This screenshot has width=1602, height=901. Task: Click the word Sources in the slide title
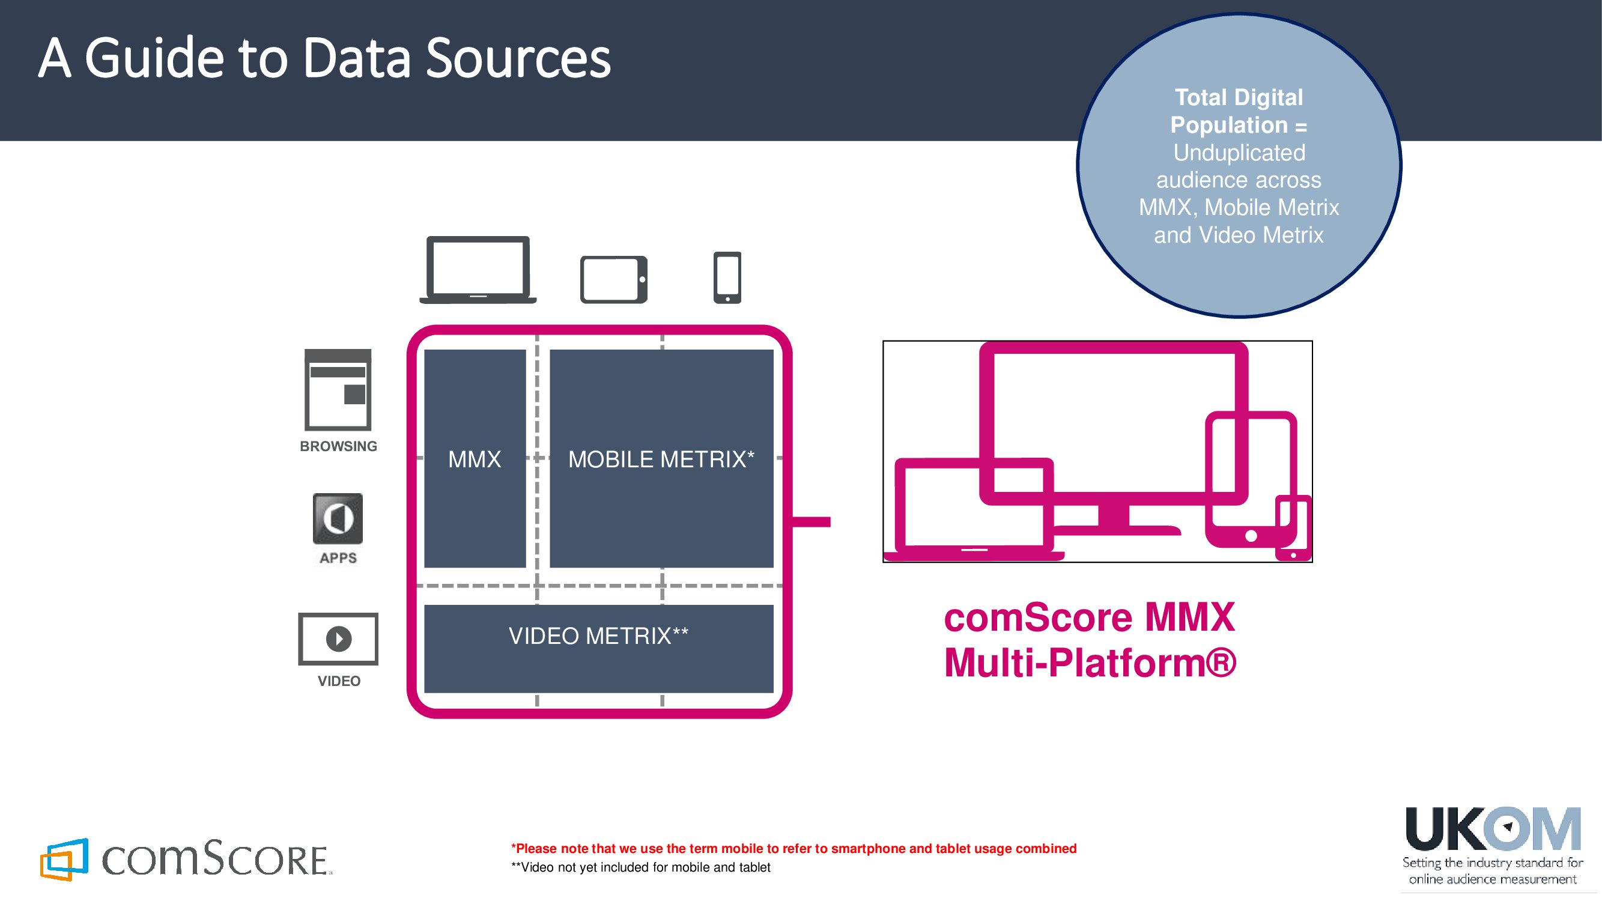518,58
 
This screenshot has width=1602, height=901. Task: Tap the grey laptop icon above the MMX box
478,270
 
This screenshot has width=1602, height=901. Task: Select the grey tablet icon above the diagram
614,279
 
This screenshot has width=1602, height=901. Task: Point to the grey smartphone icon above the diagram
727,278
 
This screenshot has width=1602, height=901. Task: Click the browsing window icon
338,390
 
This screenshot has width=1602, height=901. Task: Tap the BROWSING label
338,446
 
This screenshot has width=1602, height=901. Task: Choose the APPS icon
338,518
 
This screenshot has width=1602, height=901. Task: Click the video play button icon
338,639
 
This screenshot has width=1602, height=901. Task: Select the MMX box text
475,460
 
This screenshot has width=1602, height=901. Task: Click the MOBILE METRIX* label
661,460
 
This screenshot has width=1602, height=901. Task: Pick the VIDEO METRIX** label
598,636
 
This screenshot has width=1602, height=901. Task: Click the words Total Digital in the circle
1238,98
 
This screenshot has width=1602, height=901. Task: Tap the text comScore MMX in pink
1089,617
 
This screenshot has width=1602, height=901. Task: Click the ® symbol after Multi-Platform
1221,663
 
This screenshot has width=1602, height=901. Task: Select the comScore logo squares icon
64,860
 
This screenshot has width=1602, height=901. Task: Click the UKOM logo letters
1493,830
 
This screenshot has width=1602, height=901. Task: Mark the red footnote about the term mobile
793,849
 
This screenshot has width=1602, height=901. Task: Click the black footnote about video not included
640,867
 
